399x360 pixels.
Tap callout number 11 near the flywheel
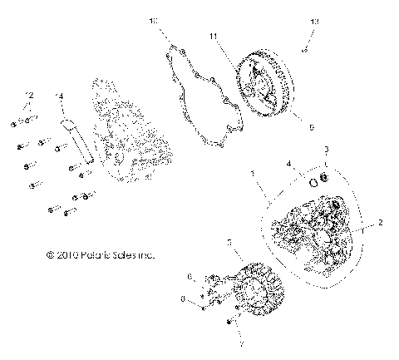[213, 37]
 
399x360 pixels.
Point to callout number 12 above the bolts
[28, 94]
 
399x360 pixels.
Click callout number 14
[58, 98]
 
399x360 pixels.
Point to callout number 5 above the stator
[229, 242]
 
